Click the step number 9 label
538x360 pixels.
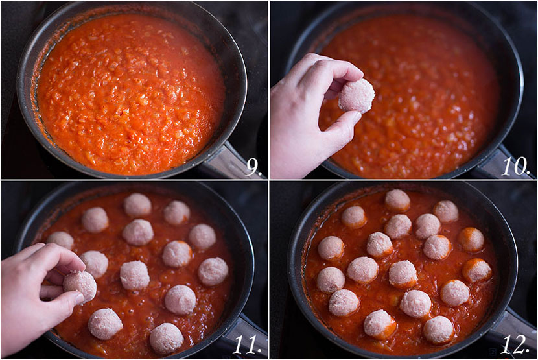[253, 168]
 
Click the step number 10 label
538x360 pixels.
[517, 167]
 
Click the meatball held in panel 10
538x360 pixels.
[357, 95]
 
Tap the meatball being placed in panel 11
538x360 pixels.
[80, 286]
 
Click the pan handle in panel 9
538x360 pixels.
[227, 162]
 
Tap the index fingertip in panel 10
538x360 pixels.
[353, 71]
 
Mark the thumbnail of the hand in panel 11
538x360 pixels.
[76, 297]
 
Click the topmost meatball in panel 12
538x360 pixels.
[397, 200]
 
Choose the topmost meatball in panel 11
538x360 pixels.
[137, 204]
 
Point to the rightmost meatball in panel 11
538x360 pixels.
[213, 271]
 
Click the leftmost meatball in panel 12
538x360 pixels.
[331, 248]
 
